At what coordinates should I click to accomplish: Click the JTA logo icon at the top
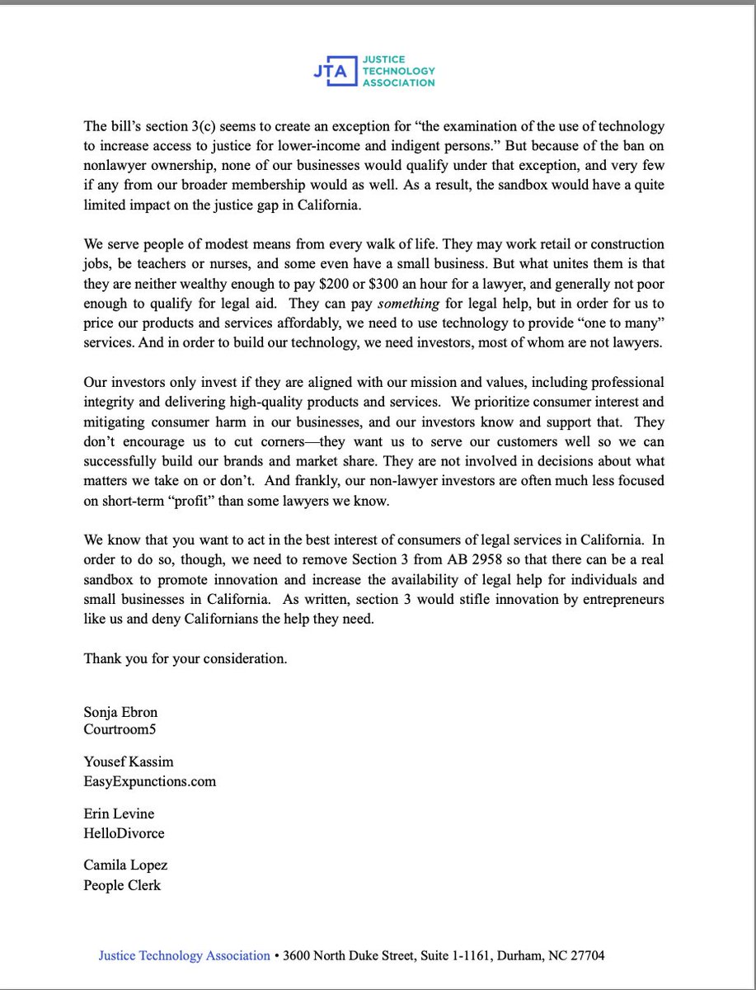(331, 72)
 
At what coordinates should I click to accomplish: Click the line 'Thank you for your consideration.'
(185, 659)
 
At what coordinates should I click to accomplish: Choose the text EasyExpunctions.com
(149, 780)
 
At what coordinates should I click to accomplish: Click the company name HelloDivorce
(124, 832)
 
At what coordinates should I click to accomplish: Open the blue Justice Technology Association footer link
(185, 955)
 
